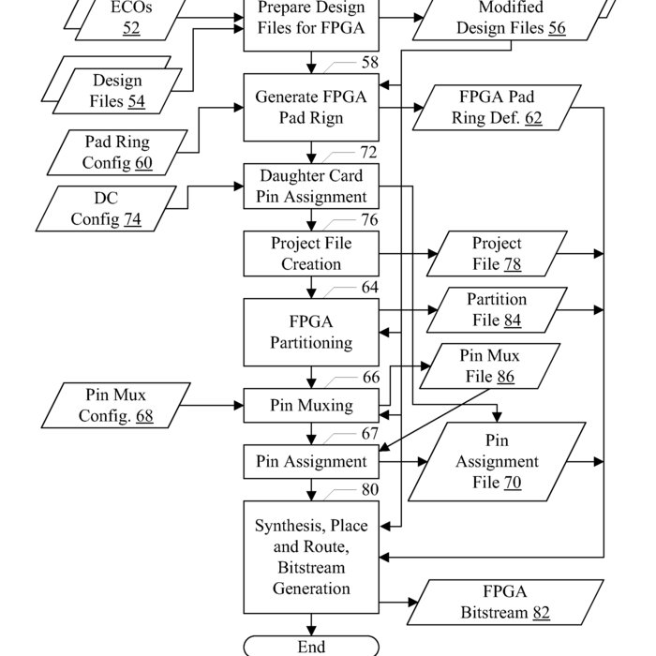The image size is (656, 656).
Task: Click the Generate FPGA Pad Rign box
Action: tap(311, 108)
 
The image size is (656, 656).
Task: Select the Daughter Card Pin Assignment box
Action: tap(311, 186)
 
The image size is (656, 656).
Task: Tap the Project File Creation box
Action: tap(311, 253)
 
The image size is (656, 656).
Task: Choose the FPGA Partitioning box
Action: tap(311, 332)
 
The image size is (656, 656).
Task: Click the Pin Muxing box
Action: tap(311, 406)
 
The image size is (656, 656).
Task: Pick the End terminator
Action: tap(311, 647)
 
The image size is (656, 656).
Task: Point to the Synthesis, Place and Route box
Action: tap(311, 557)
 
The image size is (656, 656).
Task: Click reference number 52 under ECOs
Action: tap(130, 28)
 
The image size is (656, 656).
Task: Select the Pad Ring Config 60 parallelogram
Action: tap(117, 153)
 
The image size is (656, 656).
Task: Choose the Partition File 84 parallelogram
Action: tap(498, 309)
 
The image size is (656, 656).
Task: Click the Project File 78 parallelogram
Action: tap(498, 253)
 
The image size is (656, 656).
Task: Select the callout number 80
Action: tap(370, 489)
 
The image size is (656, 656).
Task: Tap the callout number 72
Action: tap(368, 152)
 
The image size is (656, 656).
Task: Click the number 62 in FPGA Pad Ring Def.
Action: tap(532, 119)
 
